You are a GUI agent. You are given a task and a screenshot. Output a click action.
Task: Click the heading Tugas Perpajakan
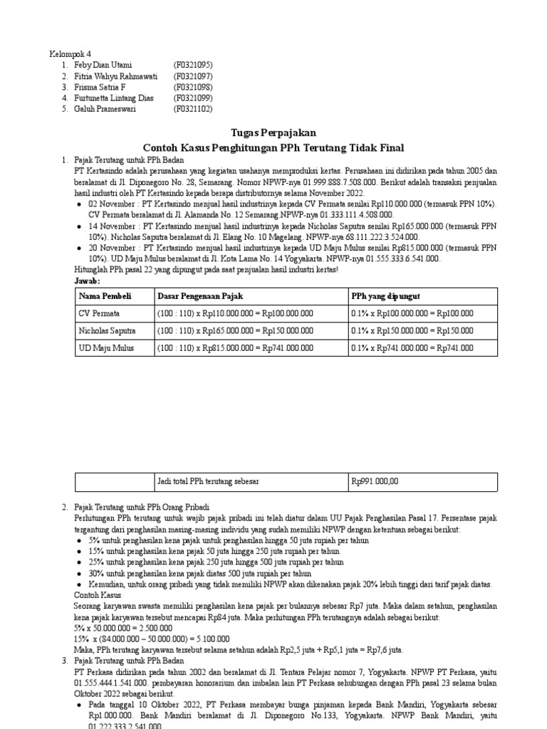tap(273, 133)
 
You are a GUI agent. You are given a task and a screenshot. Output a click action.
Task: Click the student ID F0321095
tap(193, 65)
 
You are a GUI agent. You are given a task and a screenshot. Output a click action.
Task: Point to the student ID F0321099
tap(193, 98)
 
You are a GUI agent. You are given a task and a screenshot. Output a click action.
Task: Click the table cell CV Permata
tap(99, 313)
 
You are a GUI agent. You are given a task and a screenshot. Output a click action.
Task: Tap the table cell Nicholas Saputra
tap(107, 331)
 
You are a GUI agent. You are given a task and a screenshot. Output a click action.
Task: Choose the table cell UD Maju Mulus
tap(106, 348)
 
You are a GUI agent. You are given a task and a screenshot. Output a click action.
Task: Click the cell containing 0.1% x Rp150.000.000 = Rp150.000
tap(412, 331)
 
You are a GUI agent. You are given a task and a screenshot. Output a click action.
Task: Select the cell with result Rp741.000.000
tap(234, 348)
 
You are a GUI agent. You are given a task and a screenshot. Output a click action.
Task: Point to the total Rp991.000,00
tap(375, 482)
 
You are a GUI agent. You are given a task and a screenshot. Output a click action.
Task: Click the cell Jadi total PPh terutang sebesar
tap(208, 482)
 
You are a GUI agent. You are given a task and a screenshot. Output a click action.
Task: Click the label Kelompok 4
tap(70, 54)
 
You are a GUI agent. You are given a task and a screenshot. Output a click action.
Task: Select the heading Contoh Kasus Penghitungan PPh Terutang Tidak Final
tap(273, 148)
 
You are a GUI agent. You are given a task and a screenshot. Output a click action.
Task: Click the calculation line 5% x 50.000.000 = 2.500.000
tap(123, 629)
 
